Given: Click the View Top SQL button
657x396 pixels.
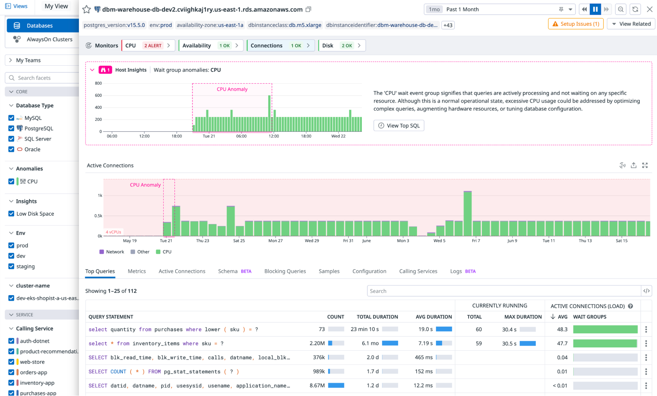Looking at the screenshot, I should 399,125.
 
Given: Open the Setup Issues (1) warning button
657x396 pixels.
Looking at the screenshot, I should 575,24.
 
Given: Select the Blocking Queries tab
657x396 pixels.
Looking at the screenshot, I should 285,271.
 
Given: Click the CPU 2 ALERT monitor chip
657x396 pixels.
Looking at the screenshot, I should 148,46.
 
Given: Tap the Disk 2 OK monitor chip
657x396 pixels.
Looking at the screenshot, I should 341,46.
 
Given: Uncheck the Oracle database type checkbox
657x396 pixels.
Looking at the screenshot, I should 11,149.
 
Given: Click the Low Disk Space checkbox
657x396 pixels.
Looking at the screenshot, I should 11,214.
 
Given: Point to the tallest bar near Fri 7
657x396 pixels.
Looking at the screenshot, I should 467,213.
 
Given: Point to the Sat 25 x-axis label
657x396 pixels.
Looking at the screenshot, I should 239,241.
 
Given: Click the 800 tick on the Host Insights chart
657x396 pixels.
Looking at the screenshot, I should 98,83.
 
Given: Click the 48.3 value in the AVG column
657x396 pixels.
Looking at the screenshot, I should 562,329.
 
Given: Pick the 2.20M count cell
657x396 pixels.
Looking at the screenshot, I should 317,343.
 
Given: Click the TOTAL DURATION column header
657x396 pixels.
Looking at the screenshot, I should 377,317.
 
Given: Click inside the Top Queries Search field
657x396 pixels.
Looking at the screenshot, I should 503,291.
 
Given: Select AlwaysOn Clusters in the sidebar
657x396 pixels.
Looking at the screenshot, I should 49,39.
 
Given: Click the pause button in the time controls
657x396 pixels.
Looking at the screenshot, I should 595,9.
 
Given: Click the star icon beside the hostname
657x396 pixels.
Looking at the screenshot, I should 86,10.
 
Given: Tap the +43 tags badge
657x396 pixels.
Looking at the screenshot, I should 448,25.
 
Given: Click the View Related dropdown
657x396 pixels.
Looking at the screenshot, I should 631,24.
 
